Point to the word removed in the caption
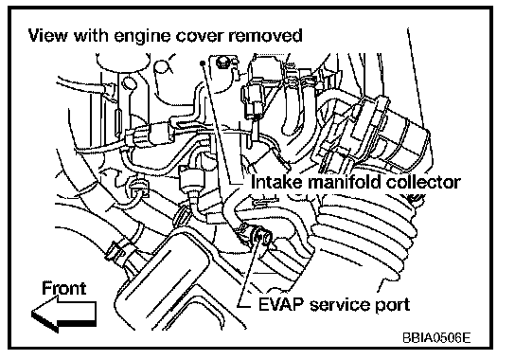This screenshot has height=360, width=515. [265, 36]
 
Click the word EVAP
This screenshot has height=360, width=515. [281, 305]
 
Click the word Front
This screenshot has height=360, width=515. [64, 288]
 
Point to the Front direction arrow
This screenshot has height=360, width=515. [64, 315]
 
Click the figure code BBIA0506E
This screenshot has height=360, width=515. [436, 337]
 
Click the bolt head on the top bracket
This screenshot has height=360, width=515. [222, 63]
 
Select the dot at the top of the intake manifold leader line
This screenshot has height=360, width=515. [203, 63]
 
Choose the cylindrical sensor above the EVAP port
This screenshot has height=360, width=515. [191, 180]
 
